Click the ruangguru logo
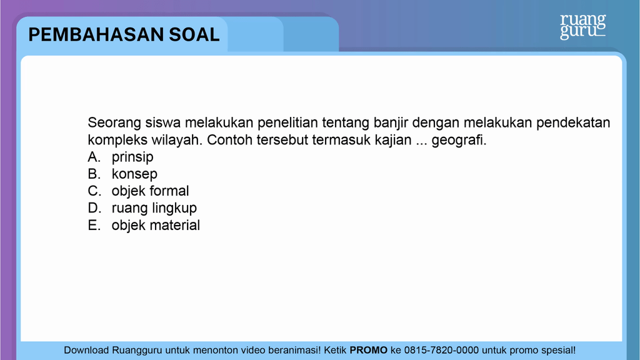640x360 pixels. tap(582, 26)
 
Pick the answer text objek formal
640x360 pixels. tap(150, 191)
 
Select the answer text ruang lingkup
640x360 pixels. tap(154, 208)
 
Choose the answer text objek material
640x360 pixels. tap(156, 225)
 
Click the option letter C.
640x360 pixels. tap(94, 191)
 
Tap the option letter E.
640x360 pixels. tap(94, 225)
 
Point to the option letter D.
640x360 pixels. tap(94, 208)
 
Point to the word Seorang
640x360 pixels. tap(114, 123)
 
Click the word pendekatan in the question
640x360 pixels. tap(573, 123)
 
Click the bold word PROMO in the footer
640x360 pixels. tap(369, 350)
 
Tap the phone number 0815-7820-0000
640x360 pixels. tap(441, 350)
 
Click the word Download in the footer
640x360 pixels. tap(86, 350)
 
